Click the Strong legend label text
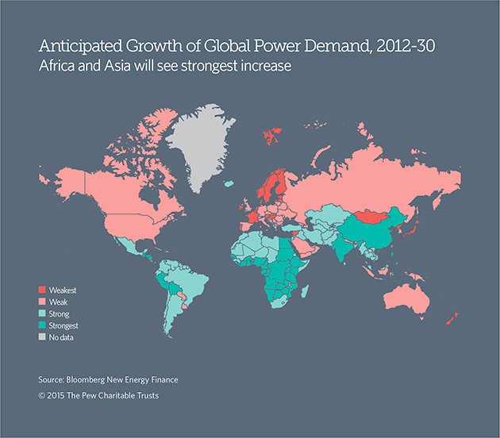[60, 314]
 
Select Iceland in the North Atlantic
[229, 184]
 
